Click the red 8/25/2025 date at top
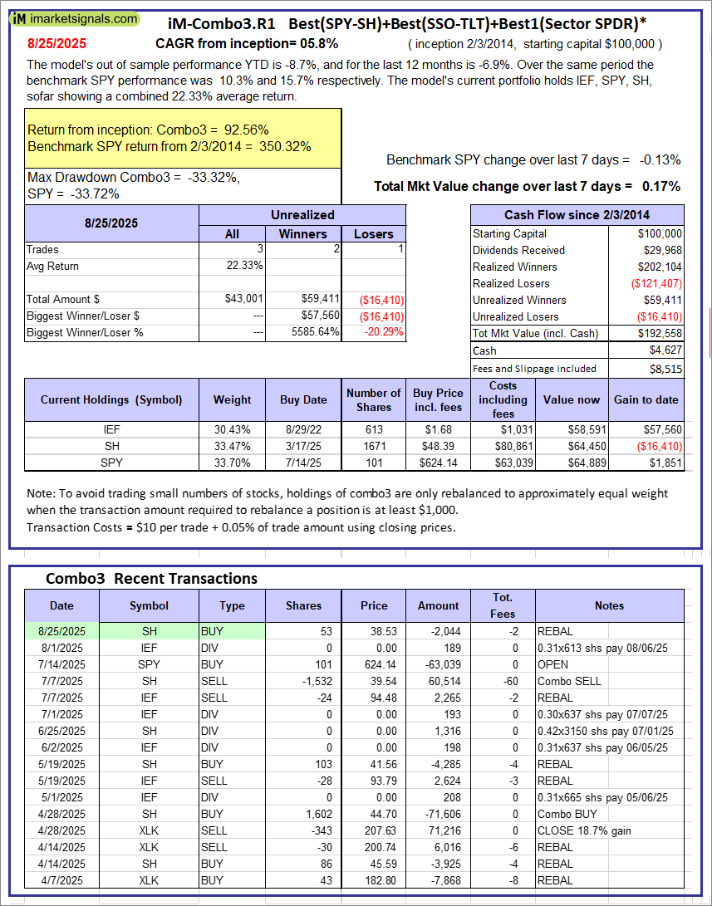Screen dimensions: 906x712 pos(55,42)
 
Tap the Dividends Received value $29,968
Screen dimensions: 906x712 pos(662,250)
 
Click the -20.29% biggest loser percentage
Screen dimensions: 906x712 pos(385,332)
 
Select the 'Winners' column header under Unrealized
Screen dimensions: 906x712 pos(302,234)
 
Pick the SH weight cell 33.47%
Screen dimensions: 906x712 pos(232,446)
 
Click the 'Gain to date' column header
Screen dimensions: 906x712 pos(646,399)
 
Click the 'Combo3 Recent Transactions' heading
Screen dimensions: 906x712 pos(151,579)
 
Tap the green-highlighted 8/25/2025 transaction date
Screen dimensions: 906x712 pos(61,631)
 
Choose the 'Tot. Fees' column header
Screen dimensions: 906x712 pos(503,605)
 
